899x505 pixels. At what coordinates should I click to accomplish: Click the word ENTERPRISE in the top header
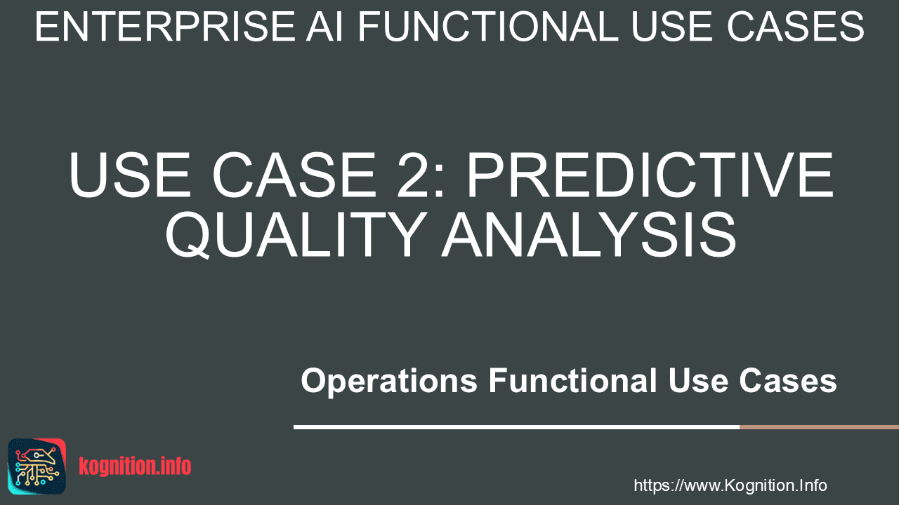[x=165, y=27]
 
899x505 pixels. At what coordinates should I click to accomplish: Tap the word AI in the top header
[x=324, y=27]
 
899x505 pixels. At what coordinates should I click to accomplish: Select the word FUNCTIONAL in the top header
[x=488, y=27]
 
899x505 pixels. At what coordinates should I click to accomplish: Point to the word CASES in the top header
[x=796, y=27]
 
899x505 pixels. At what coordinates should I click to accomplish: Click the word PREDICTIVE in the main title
[x=650, y=175]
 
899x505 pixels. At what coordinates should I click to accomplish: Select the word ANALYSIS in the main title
[x=589, y=234]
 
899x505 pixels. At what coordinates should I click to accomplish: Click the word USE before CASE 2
[x=130, y=175]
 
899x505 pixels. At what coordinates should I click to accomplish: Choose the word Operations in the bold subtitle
[x=389, y=382]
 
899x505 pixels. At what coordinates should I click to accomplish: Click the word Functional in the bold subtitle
[x=572, y=380]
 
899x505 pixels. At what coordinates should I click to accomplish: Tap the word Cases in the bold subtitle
[x=788, y=380]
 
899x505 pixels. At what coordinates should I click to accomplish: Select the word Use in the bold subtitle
[x=698, y=380]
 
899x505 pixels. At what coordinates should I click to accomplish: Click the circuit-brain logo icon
[x=37, y=466]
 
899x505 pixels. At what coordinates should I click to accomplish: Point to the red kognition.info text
[x=135, y=466]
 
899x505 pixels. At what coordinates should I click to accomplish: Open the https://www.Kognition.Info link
[x=730, y=485]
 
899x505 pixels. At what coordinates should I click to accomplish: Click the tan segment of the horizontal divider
[x=819, y=427]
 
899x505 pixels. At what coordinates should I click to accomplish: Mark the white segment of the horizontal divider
[x=516, y=427]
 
